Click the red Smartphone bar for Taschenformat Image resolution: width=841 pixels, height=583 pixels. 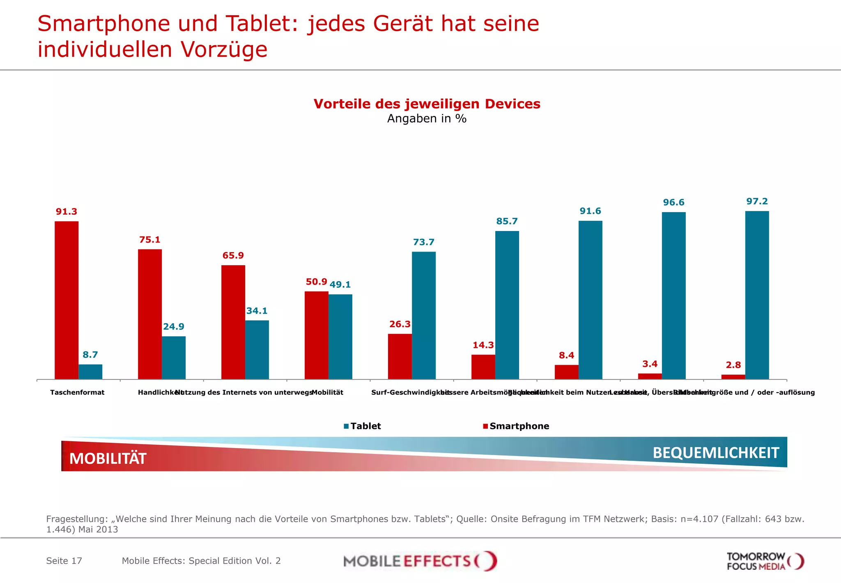click(x=67, y=300)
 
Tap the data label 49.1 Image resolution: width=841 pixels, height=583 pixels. click(x=340, y=285)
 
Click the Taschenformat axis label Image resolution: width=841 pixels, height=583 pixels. click(x=77, y=392)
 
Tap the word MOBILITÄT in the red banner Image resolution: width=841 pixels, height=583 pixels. click(x=108, y=458)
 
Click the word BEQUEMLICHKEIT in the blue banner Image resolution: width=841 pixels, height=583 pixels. click(x=716, y=453)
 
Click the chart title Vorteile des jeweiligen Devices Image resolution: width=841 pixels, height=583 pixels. click(x=427, y=104)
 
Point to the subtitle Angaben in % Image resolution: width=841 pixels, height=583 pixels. click(x=427, y=118)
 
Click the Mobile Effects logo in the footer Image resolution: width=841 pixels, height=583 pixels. click(x=420, y=561)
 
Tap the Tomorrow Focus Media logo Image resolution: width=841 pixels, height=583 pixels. click(x=765, y=561)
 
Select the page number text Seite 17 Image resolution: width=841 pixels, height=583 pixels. click(x=64, y=561)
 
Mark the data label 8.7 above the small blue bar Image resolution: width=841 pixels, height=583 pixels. click(x=90, y=354)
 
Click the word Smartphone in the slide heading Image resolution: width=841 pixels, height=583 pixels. click(x=103, y=23)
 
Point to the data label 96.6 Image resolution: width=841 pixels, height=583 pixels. click(x=673, y=202)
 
